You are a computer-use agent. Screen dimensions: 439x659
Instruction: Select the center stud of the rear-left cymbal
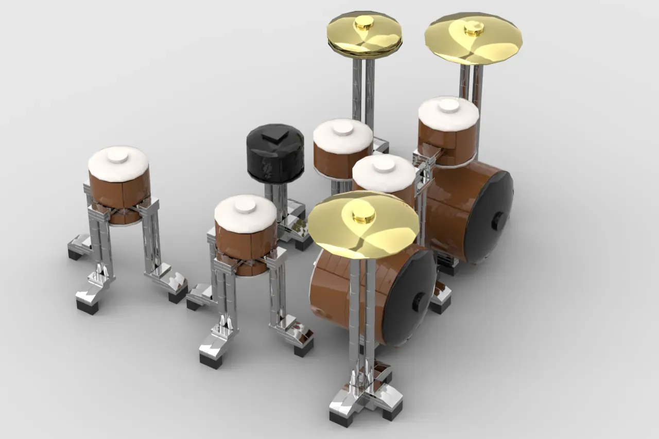pos(364,22)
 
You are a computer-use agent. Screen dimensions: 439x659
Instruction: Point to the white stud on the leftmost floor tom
pos(118,155)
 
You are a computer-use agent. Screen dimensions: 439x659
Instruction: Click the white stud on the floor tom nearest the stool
pos(245,205)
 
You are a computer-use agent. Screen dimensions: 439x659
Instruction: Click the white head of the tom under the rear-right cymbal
pos(448,113)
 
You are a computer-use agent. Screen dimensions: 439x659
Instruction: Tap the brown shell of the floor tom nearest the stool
pos(245,244)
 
